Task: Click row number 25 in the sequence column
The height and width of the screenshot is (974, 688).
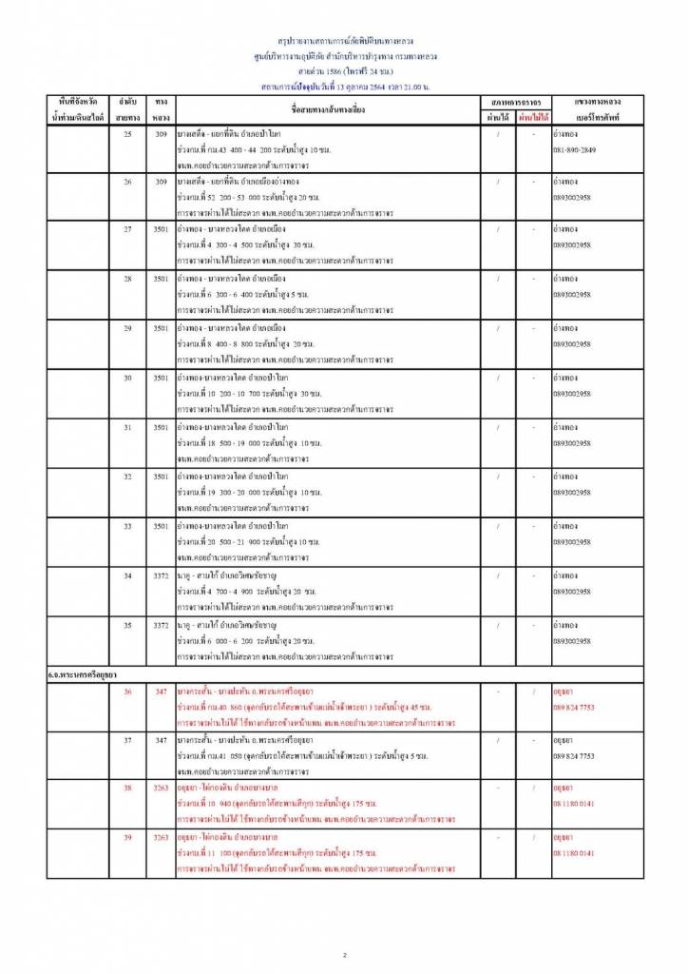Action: tap(127, 134)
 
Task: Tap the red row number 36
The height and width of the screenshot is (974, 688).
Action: tap(127, 692)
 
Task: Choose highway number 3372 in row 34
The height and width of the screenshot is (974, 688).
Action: tap(161, 575)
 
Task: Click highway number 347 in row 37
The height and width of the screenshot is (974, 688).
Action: tap(161, 739)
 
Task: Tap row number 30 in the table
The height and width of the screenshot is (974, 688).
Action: tap(127, 378)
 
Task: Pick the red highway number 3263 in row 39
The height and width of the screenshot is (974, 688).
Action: tap(161, 837)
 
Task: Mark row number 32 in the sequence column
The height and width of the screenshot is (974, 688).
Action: tap(127, 476)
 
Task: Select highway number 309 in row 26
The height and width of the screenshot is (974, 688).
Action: tap(161, 181)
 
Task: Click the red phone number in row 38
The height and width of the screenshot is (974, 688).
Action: tap(574, 804)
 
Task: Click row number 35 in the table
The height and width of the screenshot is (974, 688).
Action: tap(127, 625)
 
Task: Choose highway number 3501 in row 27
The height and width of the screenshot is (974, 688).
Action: tap(161, 229)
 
